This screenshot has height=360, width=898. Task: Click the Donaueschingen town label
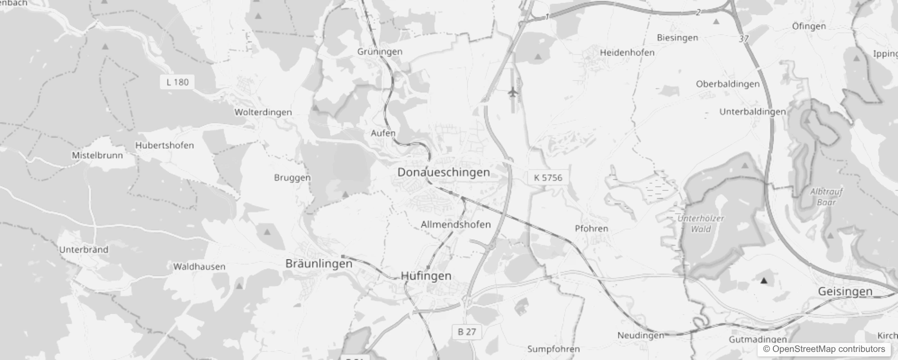[444, 172]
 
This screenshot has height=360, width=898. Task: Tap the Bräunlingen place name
[319, 264]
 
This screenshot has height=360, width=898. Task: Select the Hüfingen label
[426, 276]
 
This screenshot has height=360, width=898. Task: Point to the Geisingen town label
[845, 292]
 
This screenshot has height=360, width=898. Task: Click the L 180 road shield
[178, 82]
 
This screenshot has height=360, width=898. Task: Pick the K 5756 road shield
[548, 178]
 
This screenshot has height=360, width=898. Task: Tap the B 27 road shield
[467, 332]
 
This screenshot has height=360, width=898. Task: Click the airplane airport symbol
[512, 93]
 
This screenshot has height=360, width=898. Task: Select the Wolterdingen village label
[263, 112]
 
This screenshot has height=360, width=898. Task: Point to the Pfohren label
[592, 229]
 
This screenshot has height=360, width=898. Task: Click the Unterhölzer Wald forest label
[701, 224]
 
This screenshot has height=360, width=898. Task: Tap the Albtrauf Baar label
[826, 197]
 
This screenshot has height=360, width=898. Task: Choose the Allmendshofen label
[456, 224]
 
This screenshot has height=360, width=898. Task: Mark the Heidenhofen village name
[627, 53]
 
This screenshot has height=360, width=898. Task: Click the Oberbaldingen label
[727, 84]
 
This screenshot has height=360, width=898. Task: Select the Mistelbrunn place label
[97, 155]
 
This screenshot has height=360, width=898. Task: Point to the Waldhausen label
[199, 267]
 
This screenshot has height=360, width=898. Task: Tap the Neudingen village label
[641, 335]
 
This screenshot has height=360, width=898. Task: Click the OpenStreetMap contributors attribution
[824, 349]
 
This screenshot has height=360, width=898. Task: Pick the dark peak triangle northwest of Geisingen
[763, 281]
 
